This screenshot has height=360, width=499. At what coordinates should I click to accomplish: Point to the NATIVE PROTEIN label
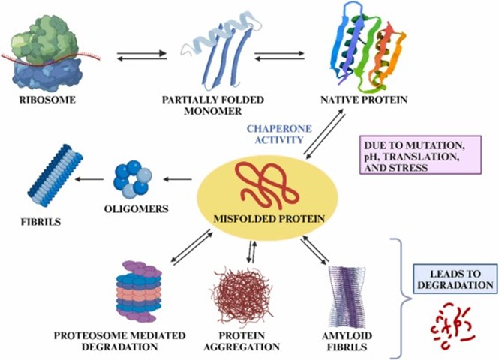click(363, 99)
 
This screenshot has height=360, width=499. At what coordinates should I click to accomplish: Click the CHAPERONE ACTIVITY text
click(275, 133)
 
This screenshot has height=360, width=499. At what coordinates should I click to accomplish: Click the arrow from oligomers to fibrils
click(91, 179)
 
